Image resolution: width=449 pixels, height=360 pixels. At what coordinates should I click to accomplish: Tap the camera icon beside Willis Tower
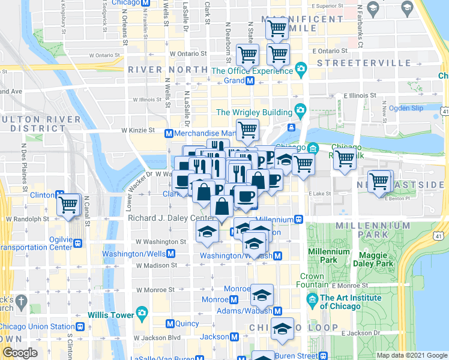142,313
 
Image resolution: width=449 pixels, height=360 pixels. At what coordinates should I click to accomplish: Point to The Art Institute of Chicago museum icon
312,298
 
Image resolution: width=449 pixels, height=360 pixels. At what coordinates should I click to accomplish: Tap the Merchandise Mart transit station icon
169,133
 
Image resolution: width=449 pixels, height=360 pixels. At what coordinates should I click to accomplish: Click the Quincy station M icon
170,323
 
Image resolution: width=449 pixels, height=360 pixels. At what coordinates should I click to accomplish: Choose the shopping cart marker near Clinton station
68,205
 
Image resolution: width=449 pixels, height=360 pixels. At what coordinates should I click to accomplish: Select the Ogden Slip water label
406,108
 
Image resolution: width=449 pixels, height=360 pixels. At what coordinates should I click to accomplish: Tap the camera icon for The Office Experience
300,71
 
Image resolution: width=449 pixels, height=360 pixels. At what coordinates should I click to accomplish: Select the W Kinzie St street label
138,130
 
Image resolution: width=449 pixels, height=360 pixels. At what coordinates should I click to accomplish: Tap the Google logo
20,353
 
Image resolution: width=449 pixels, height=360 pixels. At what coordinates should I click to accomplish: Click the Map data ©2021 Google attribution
412,355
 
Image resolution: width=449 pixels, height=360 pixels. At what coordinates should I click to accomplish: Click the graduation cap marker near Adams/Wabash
262,294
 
